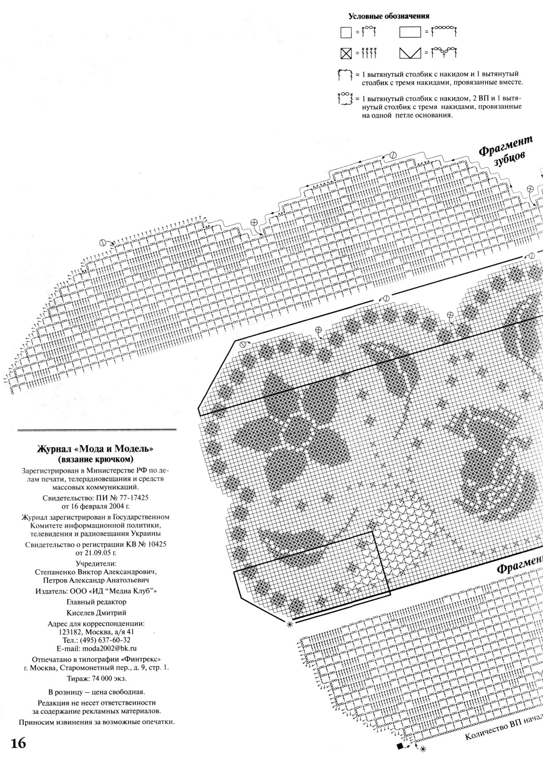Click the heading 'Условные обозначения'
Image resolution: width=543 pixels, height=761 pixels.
pyautogui.click(x=388, y=16)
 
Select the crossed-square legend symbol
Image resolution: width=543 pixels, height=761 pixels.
pyautogui.click(x=346, y=54)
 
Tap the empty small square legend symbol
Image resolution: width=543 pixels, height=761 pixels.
pyautogui.click(x=346, y=33)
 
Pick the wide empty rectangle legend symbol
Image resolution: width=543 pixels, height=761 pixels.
pyautogui.click(x=410, y=33)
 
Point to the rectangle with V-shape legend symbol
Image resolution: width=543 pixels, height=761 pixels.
pyautogui.click(x=410, y=53)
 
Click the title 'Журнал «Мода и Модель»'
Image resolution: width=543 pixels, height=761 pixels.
pyautogui.click(x=96, y=449)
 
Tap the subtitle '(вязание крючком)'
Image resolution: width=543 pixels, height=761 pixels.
pyautogui.click(x=96, y=458)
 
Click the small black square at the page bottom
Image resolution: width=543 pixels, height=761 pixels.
pyautogui.click(x=400, y=747)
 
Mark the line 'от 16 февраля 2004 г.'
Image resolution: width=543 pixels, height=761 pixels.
pyautogui.click(x=96, y=506)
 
